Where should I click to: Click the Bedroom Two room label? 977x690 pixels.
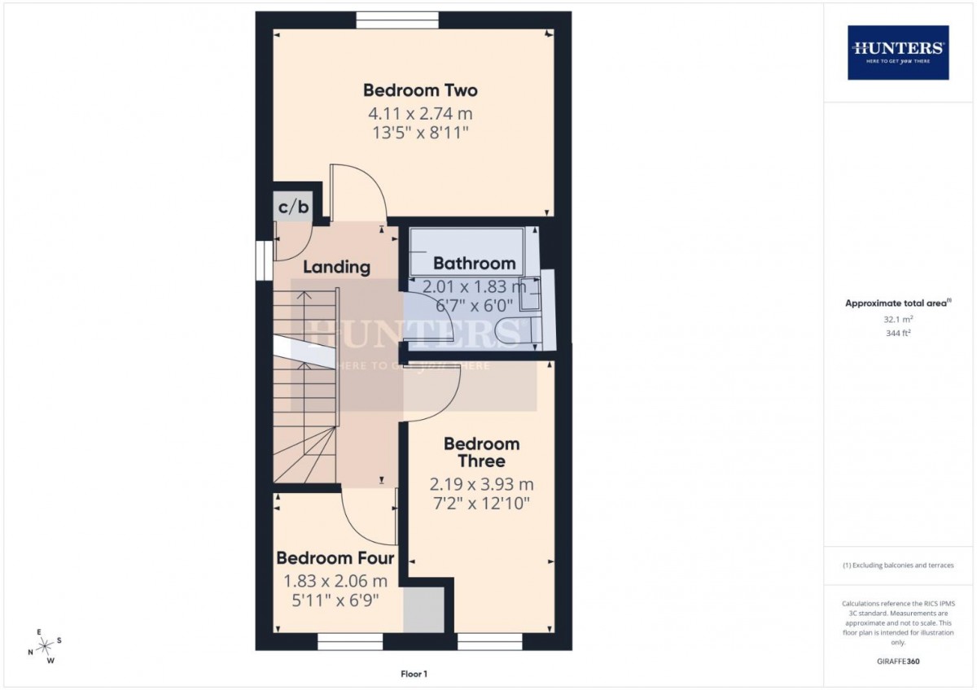pyautogui.click(x=420, y=90)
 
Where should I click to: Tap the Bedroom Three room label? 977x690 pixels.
pyautogui.click(x=481, y=452)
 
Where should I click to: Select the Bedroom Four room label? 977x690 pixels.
pyautogui.click(x=335, y=558)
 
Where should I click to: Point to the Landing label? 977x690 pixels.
pyautogui.click(x=336, y=267)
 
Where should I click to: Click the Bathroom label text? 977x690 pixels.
pyautogui.click(x=474, y=264)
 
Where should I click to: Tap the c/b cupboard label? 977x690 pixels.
pyautogui.click(x=293, y=206)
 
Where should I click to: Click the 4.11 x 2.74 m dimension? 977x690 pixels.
pyautogui.click(x=420, y=114)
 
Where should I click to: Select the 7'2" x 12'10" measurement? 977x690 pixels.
pyautogui.click(x=481, y=504)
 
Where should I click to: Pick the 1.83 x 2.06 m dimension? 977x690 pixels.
pyautogui.click(x=335, y=581)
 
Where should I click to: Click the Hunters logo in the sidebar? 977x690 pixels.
pyautogui.click(x=898, y=53)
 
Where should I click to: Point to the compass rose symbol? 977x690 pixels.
pyautogui.click(x=44, y=645)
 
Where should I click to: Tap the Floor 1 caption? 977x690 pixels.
pyautogui.click(x=414, y=674)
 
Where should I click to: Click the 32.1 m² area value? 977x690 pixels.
pyautogui.click(x=898, y=319)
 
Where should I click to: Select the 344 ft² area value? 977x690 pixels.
pyautogui.click(x=898, y=333)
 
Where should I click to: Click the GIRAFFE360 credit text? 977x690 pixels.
pyautogui.click(x=898, y=662)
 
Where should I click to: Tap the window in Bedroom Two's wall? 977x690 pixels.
pyautogui.click(x=397, y=20)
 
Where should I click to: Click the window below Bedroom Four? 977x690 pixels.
pyautogui.click(x=350, y=642)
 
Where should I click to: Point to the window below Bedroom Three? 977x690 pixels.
pyautogui.click(x=490, y=642)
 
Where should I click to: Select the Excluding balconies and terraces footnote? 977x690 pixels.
pyautogui.click(x=898, y=566)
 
